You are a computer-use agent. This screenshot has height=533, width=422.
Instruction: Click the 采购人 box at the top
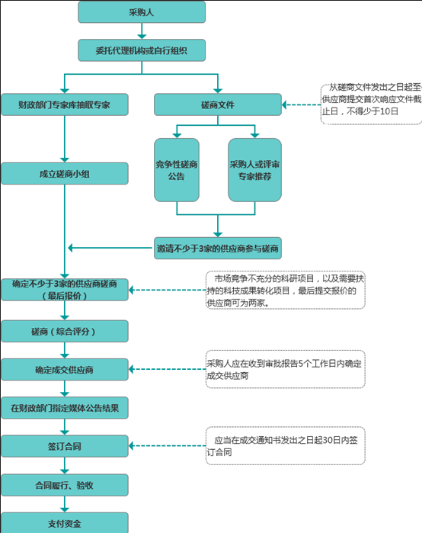click(142, 12)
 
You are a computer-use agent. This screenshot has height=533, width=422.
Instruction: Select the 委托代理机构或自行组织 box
click(142, 50)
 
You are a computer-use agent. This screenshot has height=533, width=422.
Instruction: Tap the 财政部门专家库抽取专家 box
click(64, 104)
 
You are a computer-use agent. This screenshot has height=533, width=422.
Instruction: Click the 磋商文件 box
click(218, 104)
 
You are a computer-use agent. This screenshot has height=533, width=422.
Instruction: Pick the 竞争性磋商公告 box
click(177, 169)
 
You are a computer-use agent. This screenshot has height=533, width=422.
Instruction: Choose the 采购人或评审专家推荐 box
click(254, 169)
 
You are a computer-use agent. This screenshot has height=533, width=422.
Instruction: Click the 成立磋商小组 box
click(64, 173)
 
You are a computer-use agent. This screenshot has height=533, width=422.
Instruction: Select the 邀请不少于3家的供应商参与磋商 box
click(218, 248)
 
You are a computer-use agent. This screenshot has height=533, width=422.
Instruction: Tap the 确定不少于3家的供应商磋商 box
click(64, 290)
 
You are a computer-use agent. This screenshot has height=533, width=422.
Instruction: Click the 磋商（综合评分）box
click(64, 331)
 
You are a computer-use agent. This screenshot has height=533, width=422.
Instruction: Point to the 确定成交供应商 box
click(64, 370)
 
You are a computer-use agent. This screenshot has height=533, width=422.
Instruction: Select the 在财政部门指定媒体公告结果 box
click(64, 408)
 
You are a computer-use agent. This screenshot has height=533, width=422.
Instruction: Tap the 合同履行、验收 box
click(64, 485)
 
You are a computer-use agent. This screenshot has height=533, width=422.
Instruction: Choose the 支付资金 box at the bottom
click(64, 523)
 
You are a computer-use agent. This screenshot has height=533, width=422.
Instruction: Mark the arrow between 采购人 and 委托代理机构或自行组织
click(142, 31)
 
